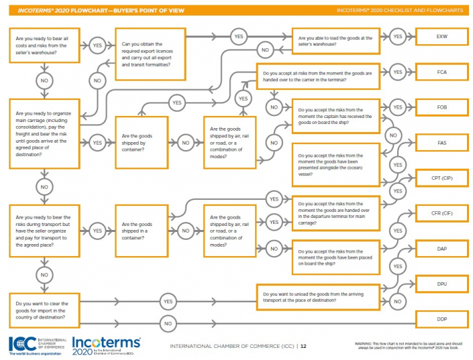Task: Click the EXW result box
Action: tap(441, 36)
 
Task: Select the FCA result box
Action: tap(441, 72)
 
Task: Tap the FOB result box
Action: tap(441, 107)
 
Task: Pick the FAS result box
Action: tap(441, 143)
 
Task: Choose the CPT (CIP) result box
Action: tap(441, 178)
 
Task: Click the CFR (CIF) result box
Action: tap(441, 214)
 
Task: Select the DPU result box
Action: tap(441, 284)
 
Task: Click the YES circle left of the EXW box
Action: tap(397, 36)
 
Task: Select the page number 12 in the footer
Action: tap(303, 347)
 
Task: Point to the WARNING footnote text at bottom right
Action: tap(409, 345)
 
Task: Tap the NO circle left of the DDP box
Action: tap(168, 323)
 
